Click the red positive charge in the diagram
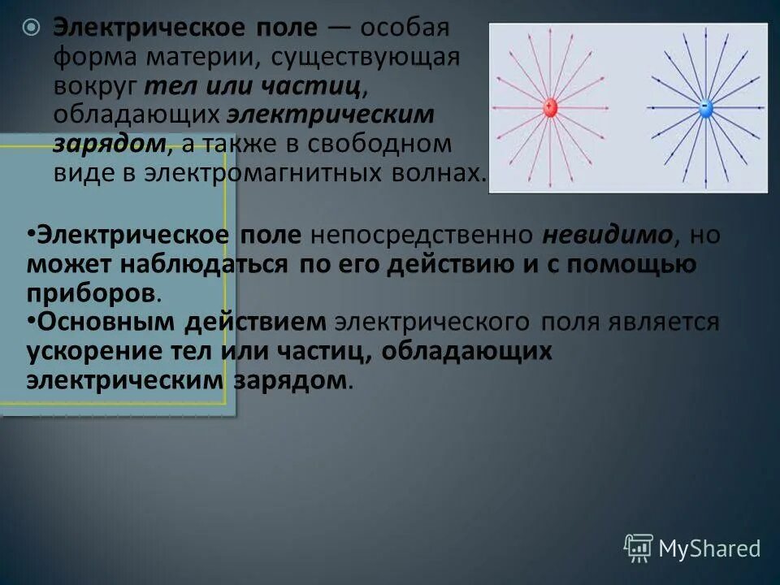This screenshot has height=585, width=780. (550, 107)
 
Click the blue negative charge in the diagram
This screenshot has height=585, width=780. (705, 107)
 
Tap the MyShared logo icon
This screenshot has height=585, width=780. (639, 548)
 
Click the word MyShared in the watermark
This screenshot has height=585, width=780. (709, 549)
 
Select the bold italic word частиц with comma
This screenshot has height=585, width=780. (324, 86)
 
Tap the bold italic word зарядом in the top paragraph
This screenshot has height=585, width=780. (112, 144)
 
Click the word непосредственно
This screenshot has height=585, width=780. (422, 236)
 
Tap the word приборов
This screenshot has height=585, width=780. (89, 293)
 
